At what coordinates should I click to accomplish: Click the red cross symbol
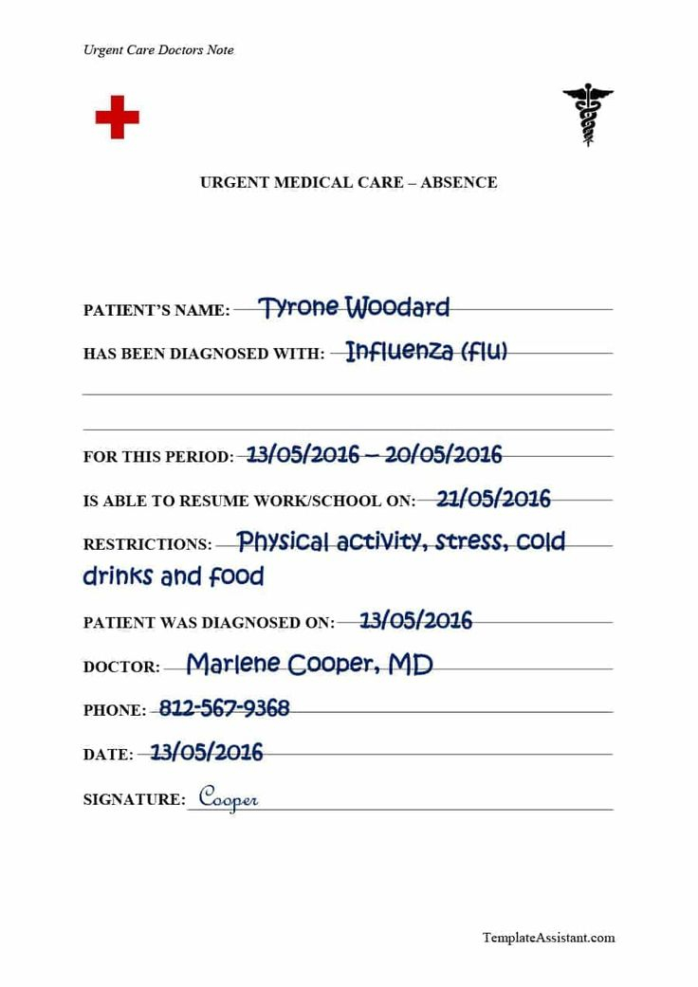[117, 117]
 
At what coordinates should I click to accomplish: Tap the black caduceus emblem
[588, 115]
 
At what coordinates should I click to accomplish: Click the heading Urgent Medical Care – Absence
[348, 182]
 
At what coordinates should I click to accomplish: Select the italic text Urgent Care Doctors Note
[158, 50]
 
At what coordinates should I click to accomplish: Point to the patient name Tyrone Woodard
[354, 307]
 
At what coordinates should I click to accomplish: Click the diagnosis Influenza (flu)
[426, 352]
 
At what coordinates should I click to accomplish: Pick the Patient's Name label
[156, 310]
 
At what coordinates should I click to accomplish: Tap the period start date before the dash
[303, 454]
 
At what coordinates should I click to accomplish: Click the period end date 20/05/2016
[443, 454]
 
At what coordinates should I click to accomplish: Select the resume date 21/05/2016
[493, 499]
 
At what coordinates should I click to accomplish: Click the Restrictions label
[147, 545]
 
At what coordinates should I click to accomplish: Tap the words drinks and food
[174, 576]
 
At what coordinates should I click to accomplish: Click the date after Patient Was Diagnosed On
[415, 621]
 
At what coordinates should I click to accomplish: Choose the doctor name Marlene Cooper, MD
[309, 665]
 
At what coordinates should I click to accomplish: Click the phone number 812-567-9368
[224, 708]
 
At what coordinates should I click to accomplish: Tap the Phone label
[115, 710]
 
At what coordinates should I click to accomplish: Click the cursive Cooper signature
[228, 798]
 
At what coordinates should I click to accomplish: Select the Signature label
[134, 800]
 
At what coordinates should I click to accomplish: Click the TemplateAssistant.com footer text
[548, 938]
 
